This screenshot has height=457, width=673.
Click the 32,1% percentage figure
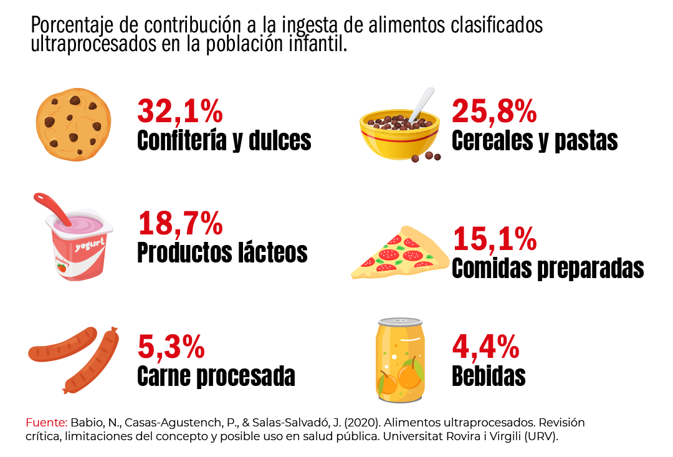[x=179, y=111]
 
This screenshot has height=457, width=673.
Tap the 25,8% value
[x=494, y=111]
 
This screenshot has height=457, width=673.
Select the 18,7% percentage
[x=179, y=224]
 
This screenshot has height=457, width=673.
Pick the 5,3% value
[x=171, y=347]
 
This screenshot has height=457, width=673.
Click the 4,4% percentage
[x=485, y=347]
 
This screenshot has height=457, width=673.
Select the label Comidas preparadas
[x=547, y=268]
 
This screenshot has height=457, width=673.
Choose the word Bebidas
[x=489, y=377]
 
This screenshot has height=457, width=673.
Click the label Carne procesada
[x=216, y=377]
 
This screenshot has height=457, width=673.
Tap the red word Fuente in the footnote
[x=46, y=422]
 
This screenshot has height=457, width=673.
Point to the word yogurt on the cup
[x=88, y=245]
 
